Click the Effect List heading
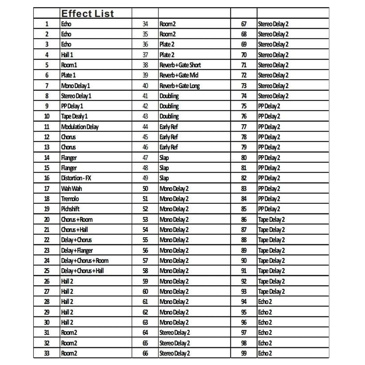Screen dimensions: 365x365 (x=87, y=14)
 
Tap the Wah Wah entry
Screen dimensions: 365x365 (x=71, y=188)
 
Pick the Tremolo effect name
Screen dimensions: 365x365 (x=70, y=199)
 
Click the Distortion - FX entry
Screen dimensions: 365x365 (x=76, y=178)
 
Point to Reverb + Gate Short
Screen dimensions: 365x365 (x=180, y=65)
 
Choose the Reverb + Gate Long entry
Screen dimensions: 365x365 (x=180, y=86)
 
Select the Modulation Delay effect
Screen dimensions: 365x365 (x=80, y=127)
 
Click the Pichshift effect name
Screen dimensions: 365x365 (x=70, y=209)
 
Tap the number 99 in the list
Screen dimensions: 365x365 (x=244, y=353)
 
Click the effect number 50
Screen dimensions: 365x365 (x=145, y=188)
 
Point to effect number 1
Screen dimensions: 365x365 (x=47, y=24)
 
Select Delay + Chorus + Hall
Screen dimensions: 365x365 (x=82, y=271)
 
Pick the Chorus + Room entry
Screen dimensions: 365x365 (x=77, y=219)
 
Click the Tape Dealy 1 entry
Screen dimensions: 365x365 (x=74, y=116)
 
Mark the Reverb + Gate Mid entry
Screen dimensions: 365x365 (x=179, y=75)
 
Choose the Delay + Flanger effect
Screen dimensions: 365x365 (x=77, y=250)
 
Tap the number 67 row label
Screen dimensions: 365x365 (x=244, y=24)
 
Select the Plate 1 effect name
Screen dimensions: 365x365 (x=68, y=75)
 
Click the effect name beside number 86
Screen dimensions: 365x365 (x=271, y=219)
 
